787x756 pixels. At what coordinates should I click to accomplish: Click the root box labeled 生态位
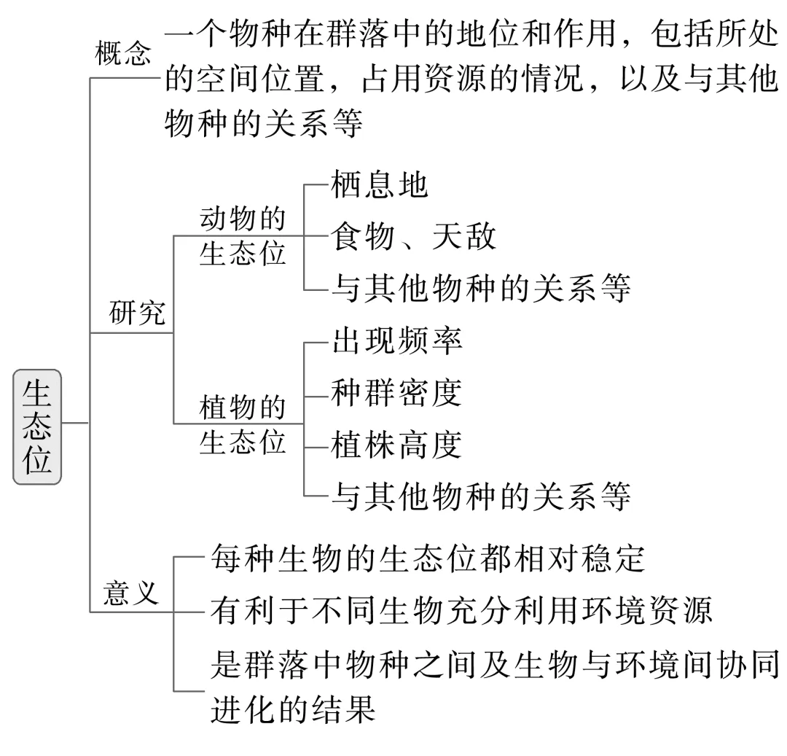tap(37, 426)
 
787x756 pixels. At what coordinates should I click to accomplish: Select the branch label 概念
tap(123, 55)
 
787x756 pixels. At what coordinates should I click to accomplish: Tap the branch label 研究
tap(137, 314)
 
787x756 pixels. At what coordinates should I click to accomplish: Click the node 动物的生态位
tap(242, 236)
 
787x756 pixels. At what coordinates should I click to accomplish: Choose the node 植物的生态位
tap(242, 424)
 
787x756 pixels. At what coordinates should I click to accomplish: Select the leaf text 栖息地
tap(379, 187)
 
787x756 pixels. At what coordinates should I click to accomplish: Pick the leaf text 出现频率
tap(396, 341)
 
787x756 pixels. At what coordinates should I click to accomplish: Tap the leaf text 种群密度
tap(396, 393)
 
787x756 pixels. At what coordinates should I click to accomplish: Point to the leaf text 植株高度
tap(396, 445)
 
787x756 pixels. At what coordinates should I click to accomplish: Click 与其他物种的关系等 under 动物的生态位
tap(480, 288)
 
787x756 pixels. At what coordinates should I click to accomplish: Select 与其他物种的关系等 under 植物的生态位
tap(480, 496)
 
